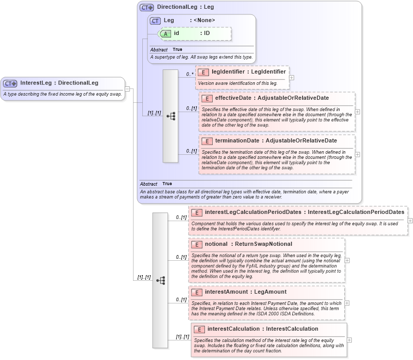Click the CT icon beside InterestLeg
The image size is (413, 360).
tap(10, 83)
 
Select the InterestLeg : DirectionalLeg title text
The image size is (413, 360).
tap(59, 83)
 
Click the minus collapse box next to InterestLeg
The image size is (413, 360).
tap(127, 88)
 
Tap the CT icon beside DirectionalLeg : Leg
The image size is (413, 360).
tap(147, 8)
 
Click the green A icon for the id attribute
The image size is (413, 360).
tap(165, 33)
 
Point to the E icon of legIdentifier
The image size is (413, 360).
tap(203, 73)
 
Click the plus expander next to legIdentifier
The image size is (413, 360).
tap(292, 78)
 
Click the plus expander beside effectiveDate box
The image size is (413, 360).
tap(358, 112)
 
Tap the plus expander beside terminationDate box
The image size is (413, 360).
tap(358, 154)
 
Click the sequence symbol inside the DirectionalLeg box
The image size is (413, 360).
tap(171, 116)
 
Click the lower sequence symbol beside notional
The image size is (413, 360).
tap(160, 280)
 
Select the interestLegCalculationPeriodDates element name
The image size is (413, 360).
tap(253, 212)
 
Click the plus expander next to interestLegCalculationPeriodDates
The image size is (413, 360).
tap(410, 220)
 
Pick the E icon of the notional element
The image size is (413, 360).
tap(196, 244)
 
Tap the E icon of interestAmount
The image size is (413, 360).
tap(196, 292)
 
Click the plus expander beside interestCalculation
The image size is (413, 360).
tap(349, 339)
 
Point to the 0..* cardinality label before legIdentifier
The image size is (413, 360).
tap(190, 75)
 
